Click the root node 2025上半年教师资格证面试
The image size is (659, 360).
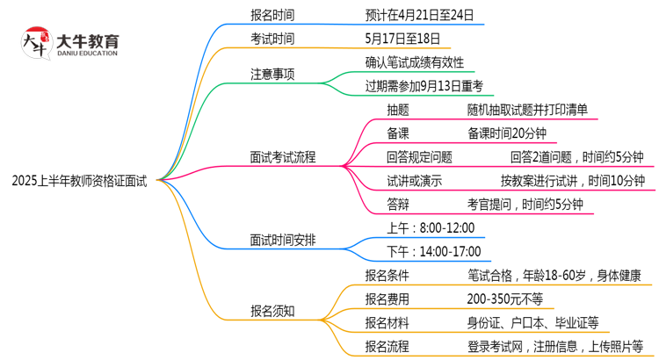(x=80, y=182)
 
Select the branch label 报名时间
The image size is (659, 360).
(x=272, y=14)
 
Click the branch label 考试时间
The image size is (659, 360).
(x=272, y=39)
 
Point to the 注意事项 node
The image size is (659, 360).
(x=272, y=75)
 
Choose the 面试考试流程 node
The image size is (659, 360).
(x=283, y=158)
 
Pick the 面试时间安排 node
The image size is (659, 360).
(x=283, y=239)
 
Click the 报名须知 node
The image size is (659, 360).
(x=272, y=310)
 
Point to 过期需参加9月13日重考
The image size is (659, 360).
(x=424, y=86)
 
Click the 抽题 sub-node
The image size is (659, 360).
(x=398, y=110)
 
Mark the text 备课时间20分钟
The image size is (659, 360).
(x=507, y=133)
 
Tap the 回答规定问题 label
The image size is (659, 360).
(x=420, y=157)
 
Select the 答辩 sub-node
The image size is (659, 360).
(x=398, y=205)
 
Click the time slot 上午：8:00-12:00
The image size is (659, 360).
(x=431, y=227)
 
